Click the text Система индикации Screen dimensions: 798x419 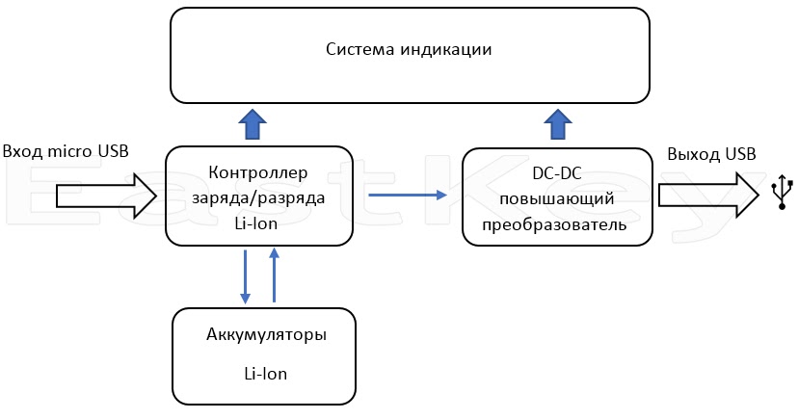(x=409, y=49)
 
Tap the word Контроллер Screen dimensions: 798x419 (x=258, y=172)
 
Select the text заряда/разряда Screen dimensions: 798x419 (x=258, y=197)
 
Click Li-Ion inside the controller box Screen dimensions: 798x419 (x=256, y=223)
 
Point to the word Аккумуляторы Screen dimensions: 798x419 (x=266, y=335)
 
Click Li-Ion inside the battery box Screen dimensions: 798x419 (x=266, y=374)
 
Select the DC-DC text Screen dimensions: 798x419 (x=557, y=173)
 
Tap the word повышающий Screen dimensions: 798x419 (x=557, y=198)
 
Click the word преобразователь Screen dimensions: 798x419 (x=554, y=224)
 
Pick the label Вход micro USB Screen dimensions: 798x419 (x=66, y=151)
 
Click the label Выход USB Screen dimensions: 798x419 (x=711, y=153)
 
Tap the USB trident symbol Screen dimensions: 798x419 (x=782, y=193)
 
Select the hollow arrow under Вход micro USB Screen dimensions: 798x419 (x=106, y=196)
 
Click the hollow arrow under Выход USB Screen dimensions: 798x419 (x=708, y=196)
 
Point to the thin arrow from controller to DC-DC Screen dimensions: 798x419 (x=408, y=195)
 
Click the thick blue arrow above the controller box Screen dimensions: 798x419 (x=253, y=124)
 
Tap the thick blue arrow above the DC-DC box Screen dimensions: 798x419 (x=558, y=124)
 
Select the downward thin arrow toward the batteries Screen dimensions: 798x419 (x=246, y=276)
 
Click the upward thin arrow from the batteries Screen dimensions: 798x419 (x=274, y=275)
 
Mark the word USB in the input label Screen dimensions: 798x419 (x=111, y=151)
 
